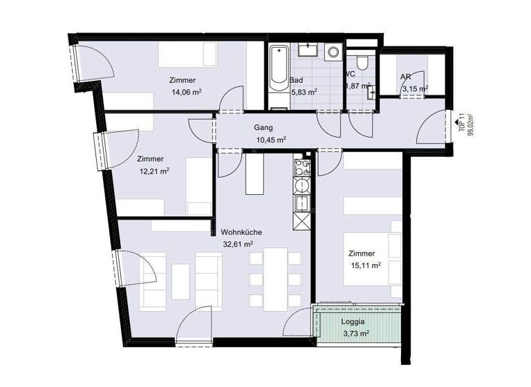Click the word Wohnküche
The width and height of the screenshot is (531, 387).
[x=241, y=232]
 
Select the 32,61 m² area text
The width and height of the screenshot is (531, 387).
[x=236, y=244]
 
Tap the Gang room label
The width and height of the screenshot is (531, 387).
[x=263, y=128]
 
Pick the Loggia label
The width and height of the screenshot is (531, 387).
[x=353, y=322]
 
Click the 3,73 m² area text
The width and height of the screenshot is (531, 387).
[x=355, y=334]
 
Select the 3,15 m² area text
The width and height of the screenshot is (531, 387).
[x=414, y=88]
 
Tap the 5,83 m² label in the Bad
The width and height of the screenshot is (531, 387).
[x=304, y=91]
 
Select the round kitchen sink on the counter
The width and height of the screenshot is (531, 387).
[x=301, y=187]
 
